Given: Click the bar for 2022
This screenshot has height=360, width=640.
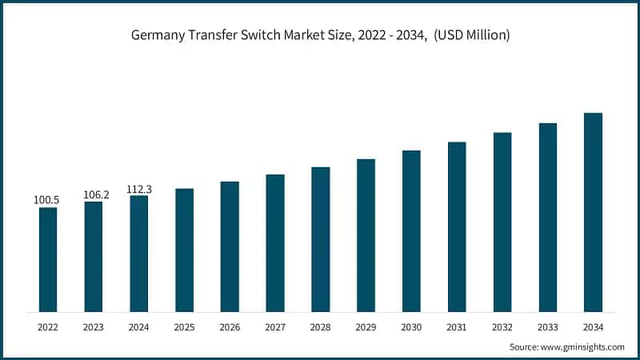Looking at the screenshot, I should pos(48,260).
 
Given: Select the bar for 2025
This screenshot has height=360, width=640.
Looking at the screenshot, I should pos(184,250).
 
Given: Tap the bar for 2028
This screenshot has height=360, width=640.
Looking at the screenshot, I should pos(321,239).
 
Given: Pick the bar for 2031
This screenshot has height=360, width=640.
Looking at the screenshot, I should pos(457,227).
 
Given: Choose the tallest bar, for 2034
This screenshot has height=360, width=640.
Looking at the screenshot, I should pos(593,212).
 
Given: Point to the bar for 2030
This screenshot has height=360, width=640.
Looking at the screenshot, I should pos(411,231).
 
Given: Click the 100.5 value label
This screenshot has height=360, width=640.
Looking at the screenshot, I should pos(48,199).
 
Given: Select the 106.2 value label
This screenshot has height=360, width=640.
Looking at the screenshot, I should pos(94,194).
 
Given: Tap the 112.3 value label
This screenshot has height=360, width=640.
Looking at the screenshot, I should pos(139,189).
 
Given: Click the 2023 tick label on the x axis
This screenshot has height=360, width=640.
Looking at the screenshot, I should pos(94,327).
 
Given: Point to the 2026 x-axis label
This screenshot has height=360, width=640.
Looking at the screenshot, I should pos(230,327).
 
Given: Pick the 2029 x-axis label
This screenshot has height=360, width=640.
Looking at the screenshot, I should pos(366,327).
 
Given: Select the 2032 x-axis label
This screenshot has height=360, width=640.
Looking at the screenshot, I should pos(502,327).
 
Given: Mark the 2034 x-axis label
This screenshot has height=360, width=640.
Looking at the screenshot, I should pos(593,327).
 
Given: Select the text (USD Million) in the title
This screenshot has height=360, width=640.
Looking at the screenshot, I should pos(472,35).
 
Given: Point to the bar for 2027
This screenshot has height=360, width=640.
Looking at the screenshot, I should pos(275,243).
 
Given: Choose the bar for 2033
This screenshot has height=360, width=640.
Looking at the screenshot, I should pos(547,218).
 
